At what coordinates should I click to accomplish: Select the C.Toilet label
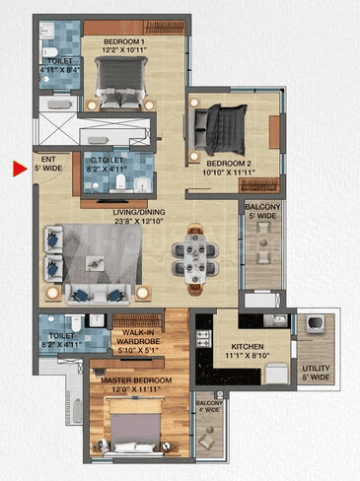coord(107,163)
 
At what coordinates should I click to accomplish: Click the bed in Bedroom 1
coord(121,78)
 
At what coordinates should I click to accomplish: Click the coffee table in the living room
coord(95,261)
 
